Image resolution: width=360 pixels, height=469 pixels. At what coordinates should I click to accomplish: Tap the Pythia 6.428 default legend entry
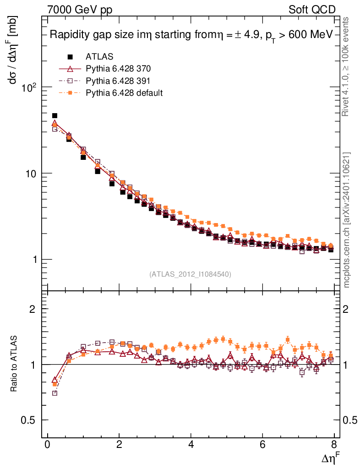[124, 93]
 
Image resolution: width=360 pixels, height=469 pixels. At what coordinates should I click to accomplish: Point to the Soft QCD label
[312, 9]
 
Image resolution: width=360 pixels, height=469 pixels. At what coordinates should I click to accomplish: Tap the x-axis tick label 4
[191, 446]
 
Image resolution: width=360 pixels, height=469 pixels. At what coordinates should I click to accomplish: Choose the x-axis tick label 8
[334, 446]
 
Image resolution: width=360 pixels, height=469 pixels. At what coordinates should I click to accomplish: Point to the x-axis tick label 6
[262, 446]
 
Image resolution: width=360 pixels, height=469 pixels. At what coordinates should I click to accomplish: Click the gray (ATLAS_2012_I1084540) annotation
[190, 274]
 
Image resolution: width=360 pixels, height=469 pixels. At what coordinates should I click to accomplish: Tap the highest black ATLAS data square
[55, 116]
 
